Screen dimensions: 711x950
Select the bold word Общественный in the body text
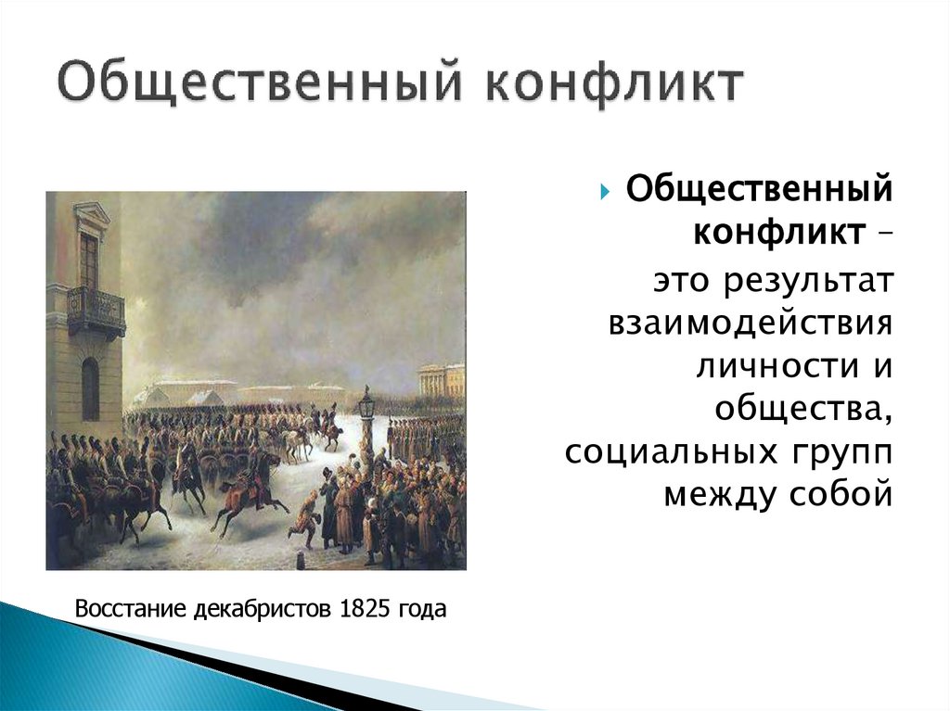(759, 192)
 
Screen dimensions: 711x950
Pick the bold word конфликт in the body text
(776, 232)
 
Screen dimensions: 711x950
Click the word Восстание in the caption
(132, 610)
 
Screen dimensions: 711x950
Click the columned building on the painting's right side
(441, 380)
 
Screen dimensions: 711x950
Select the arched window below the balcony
(90, 387)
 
